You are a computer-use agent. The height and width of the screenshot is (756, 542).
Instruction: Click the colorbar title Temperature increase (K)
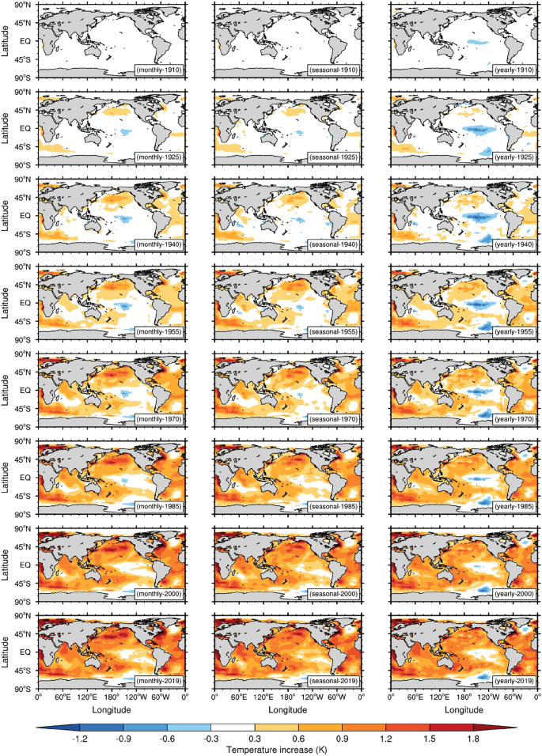point(271,747)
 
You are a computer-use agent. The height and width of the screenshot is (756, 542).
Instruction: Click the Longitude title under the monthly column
point(112,710)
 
